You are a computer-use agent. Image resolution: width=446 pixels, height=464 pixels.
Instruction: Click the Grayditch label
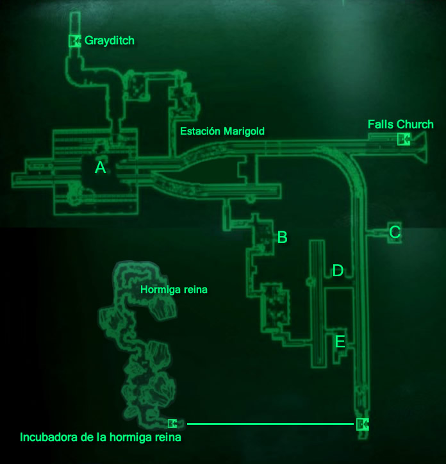[x=110, y=41]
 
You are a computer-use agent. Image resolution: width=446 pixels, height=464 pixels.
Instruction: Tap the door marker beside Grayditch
[x=74, y=41]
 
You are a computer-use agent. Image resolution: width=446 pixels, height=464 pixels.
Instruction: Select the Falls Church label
[x=401, y=124]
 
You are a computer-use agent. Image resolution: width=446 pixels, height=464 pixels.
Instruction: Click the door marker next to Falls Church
[x=403, y=139]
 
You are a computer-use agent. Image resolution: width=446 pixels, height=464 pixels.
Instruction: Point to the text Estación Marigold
[x=222, y=131]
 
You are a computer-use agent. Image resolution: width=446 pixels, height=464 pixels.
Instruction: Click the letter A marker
[x=100, y=168]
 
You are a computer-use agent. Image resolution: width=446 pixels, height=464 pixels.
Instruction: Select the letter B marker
[x=282, y=238]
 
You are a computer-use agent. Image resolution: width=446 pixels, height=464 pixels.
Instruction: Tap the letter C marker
[x=395, y=232]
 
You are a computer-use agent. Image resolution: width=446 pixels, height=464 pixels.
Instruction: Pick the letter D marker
[x=338, y=271]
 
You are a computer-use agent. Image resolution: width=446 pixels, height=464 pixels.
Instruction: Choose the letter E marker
[x=340, y=342]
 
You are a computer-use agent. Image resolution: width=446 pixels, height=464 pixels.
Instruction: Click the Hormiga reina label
[x=174, y=290]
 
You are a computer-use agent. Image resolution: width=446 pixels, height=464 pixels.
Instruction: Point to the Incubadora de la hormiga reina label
[x=101, y=438]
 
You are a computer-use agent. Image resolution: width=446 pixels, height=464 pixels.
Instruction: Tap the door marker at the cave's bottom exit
[x=172, y=423]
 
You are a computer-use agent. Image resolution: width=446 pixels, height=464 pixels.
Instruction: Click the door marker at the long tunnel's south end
[x=362, y=423]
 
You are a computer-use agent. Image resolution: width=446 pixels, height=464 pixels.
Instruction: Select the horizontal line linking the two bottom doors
[x=269, y=424]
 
